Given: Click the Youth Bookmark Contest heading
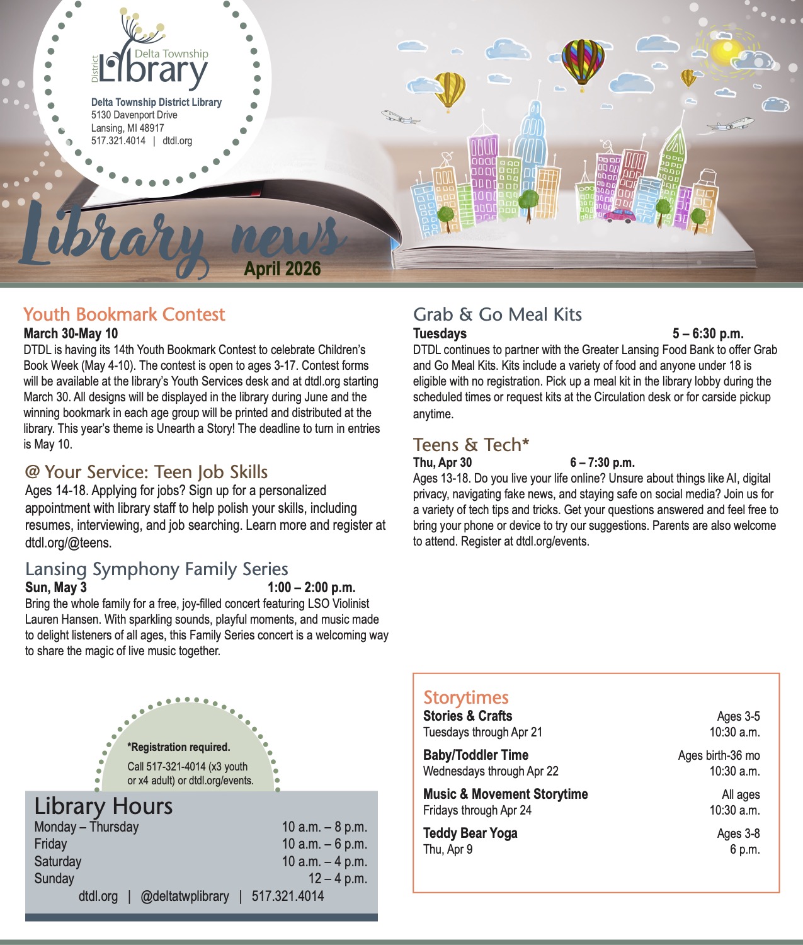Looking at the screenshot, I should pyautogui.click(x=124, y=314).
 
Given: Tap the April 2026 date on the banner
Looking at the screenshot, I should pyautogui.click(x=283, y=269).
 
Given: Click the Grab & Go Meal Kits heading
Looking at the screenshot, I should pyautogui.click(x=498, y=314).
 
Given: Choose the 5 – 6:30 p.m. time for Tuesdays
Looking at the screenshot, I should pyautogui.click(x=708, y=334).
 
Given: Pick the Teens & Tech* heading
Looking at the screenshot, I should pyautogui.click(x=471, y=445).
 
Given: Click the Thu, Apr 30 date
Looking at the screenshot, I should pyautogui.click(x=442, y=463).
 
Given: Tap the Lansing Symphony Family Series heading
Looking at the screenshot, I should pyautogui.click(x=157, y=570).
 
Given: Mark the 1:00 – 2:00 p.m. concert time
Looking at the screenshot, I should pyautogui.click(x=312, y=588).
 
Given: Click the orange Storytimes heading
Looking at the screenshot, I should pyautogui.click(x=466, y=697).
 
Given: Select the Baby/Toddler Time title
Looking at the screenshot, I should pyautogui.click(x=476, y=755).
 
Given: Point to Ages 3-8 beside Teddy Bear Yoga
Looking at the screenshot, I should pyautogui.click(x=738, y=833).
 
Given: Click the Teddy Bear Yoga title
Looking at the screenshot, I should pyautogui.click(x=470, y=833).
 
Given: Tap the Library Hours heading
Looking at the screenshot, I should pyautogui.click(x=103, y=806).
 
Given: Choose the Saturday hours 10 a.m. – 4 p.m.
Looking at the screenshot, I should pyautogui.click(x=324, y=861).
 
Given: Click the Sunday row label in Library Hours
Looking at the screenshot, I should pyautogui.click(x=54, y=878).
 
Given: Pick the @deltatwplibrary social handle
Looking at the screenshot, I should pyautogui.click(x=185, y=896).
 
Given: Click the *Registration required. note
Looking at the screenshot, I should pyautogui.click(x=179, y=747).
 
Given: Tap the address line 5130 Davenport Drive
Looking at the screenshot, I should pyautogui.click(x=134, y=115).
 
